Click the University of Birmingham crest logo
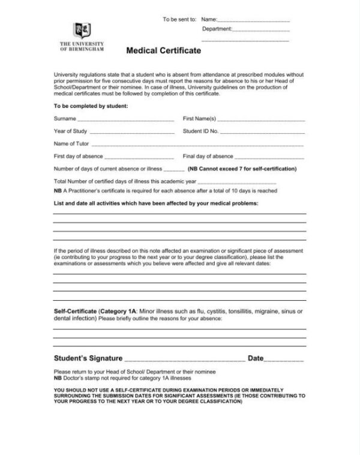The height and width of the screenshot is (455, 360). pyautogui.click(x=82, y=30)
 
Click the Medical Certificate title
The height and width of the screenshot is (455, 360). pyautogui.click(x=163, y=51)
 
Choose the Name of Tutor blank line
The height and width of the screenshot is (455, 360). pyautogui.click(x=197, y=144)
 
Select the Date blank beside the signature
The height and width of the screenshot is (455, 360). pyautogui.click(x=284, y=359)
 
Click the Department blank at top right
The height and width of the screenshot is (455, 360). pyautogui.click(x=261, y=29)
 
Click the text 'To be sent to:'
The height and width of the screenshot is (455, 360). pyautogui.click(x=179, y=20)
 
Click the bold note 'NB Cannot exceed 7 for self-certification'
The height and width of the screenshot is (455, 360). pyautogui.click(x=242, y=169)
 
